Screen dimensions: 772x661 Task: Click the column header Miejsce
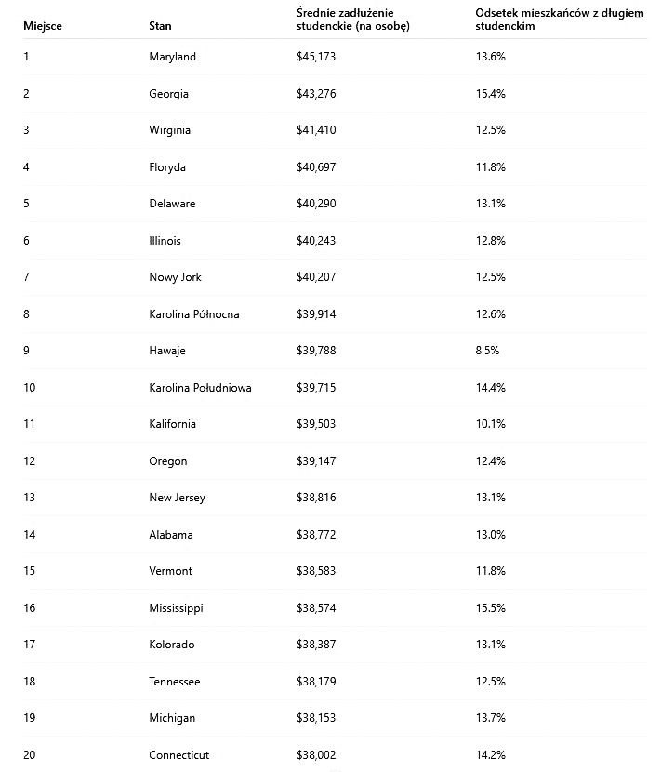point(43,26)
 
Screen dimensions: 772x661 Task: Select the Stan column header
point(160,26)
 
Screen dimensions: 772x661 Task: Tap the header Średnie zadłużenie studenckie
point(352,20)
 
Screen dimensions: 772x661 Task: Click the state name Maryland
point(172,57)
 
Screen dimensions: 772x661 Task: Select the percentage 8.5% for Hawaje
point(487,351)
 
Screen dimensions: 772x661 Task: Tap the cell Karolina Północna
point(193,314)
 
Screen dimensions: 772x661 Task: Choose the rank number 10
point(30,388)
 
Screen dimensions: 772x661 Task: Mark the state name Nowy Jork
point(175,277)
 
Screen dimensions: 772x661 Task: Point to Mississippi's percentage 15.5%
point(490,608)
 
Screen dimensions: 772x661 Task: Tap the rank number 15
point(30,571)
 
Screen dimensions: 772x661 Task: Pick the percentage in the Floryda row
point(490,167)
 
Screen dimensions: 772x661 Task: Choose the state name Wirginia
point(169,130)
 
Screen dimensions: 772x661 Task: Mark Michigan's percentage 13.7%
point(490,718)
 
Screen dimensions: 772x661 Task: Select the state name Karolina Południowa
point(200,388)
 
